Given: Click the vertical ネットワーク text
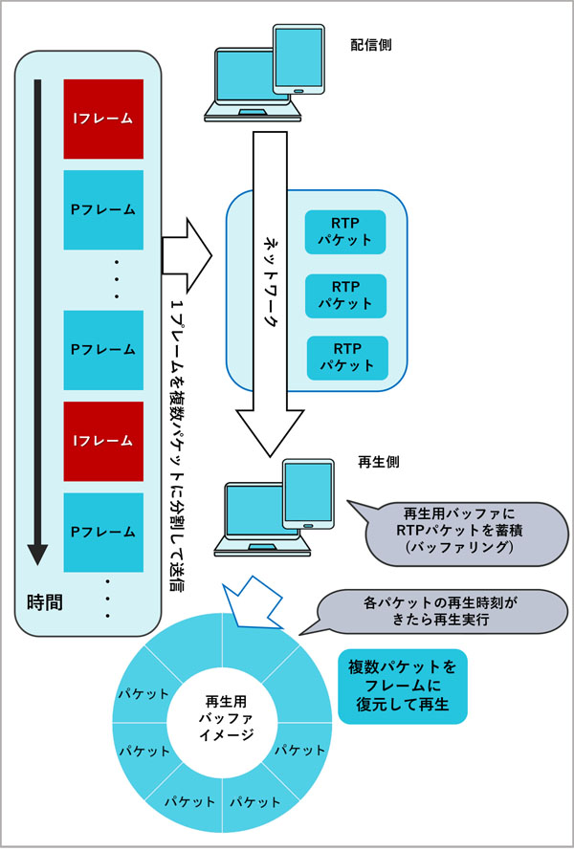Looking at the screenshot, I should pos(271,282).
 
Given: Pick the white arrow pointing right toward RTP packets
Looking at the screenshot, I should pos(187,251).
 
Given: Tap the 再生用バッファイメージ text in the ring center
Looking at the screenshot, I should pos(227,716).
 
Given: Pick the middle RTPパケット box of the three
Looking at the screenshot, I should pos(345,295).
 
